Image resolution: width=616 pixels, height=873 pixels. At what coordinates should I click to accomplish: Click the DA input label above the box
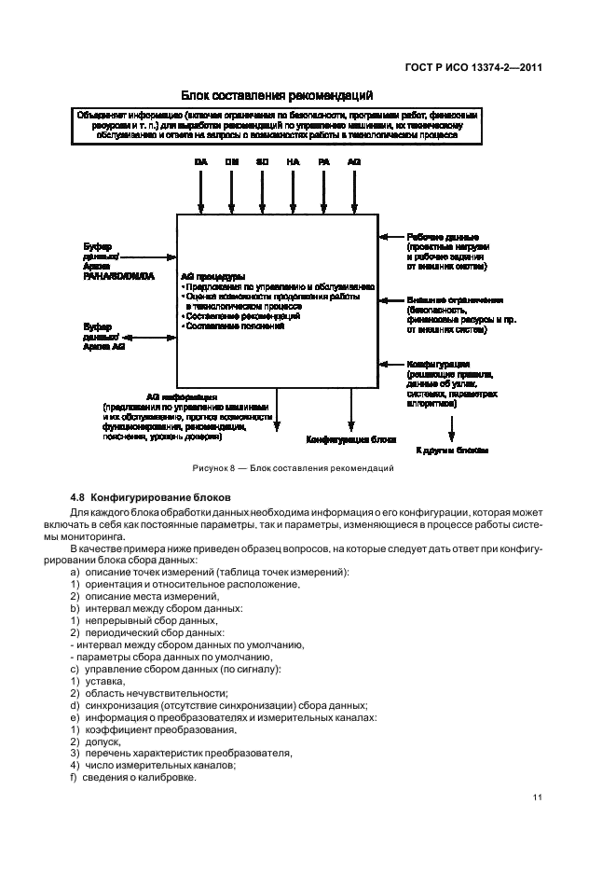[200, 162]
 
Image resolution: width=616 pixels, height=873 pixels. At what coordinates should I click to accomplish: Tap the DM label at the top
[231, 162]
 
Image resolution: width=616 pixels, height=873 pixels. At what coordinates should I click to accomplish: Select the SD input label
[262, 162]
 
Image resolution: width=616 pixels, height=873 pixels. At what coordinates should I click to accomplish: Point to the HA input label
[293, 162]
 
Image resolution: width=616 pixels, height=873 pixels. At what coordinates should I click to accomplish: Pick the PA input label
[323, 162]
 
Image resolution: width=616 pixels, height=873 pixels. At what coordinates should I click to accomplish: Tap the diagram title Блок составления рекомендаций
[280, 95]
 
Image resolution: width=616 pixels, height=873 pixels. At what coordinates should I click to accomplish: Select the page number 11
[537, 796]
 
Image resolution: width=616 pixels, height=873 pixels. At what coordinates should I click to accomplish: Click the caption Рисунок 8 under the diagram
[280, 466]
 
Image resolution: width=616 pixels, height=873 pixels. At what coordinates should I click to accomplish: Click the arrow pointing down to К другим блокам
[452, 426]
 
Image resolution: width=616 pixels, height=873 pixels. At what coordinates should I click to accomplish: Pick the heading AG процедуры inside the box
[214, 276]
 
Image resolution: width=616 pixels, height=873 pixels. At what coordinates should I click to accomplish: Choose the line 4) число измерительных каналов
[153, 766]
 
